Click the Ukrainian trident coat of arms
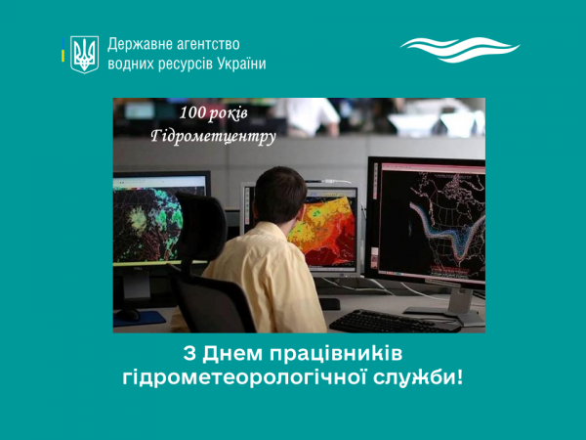84,55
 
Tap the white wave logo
460,50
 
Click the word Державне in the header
139,45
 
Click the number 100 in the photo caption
191,112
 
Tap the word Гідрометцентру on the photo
213,136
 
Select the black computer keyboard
395,322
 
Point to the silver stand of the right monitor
460,301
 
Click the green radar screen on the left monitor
149,224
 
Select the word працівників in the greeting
336,354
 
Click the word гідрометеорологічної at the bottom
244,377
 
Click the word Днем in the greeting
232,354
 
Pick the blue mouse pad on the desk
140,319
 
